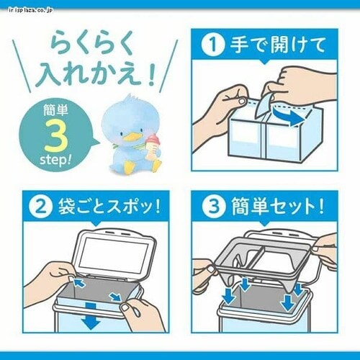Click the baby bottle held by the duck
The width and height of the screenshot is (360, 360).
tap(152, 141)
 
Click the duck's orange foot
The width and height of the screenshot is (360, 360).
tap(128, 167)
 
